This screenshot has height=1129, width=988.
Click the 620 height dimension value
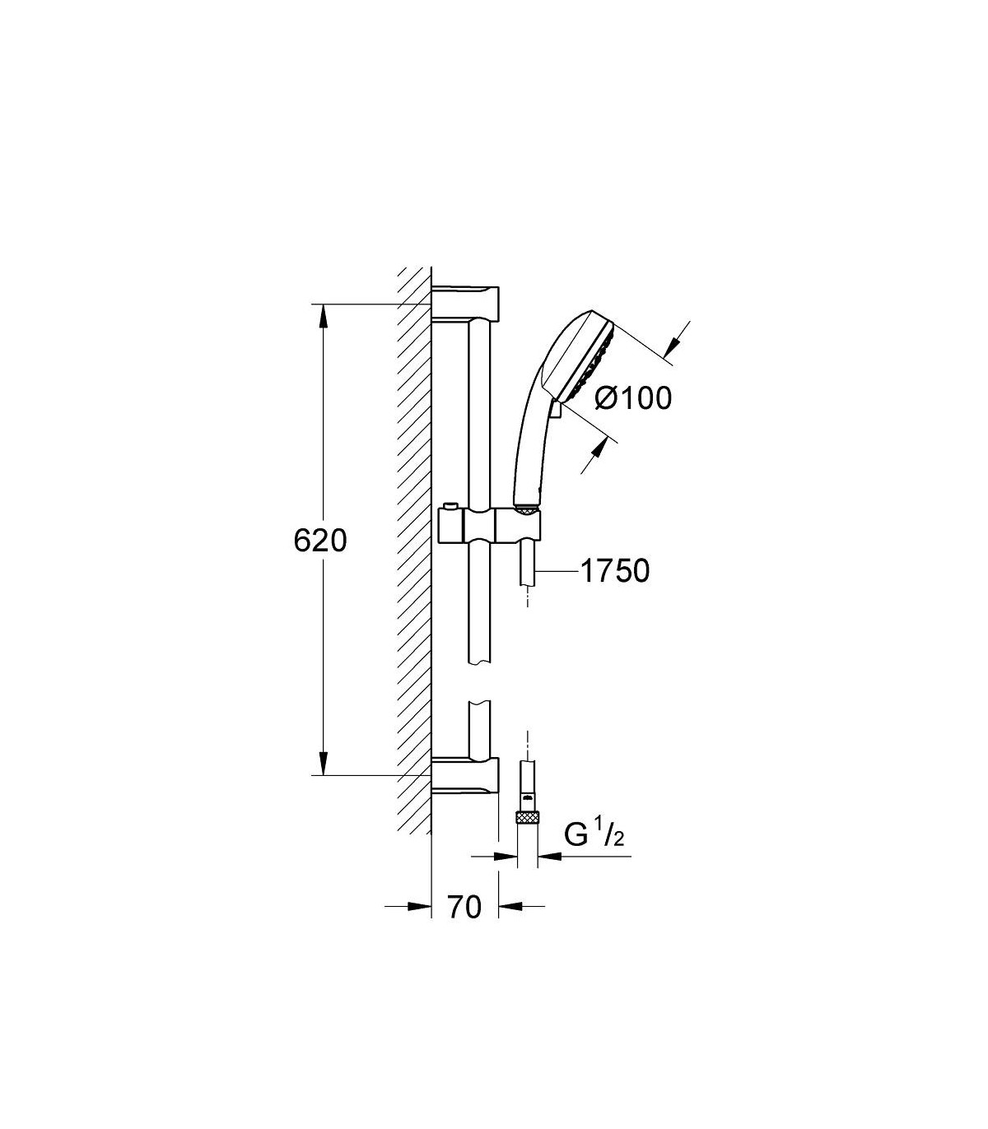[x=320, y=541]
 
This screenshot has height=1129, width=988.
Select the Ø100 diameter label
[x=634, y=397]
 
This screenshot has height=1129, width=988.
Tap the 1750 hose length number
[x=615, y=571]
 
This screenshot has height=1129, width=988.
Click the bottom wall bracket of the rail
[x=464, y=775]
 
